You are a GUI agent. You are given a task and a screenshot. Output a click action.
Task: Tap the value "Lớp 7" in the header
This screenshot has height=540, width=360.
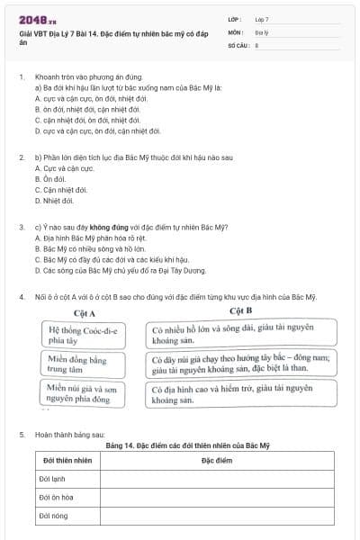click(x=262, y=19)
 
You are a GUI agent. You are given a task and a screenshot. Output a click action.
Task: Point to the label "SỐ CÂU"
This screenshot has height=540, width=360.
click(x=237, y=45)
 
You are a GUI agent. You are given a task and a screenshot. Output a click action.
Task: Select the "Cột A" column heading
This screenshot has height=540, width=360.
click(x=85, y=311)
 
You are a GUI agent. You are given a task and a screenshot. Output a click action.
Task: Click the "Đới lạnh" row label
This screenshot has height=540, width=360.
click(x=53, y=479)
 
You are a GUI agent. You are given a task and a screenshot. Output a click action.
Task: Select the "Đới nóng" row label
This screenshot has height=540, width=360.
click(x=54, y=516)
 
